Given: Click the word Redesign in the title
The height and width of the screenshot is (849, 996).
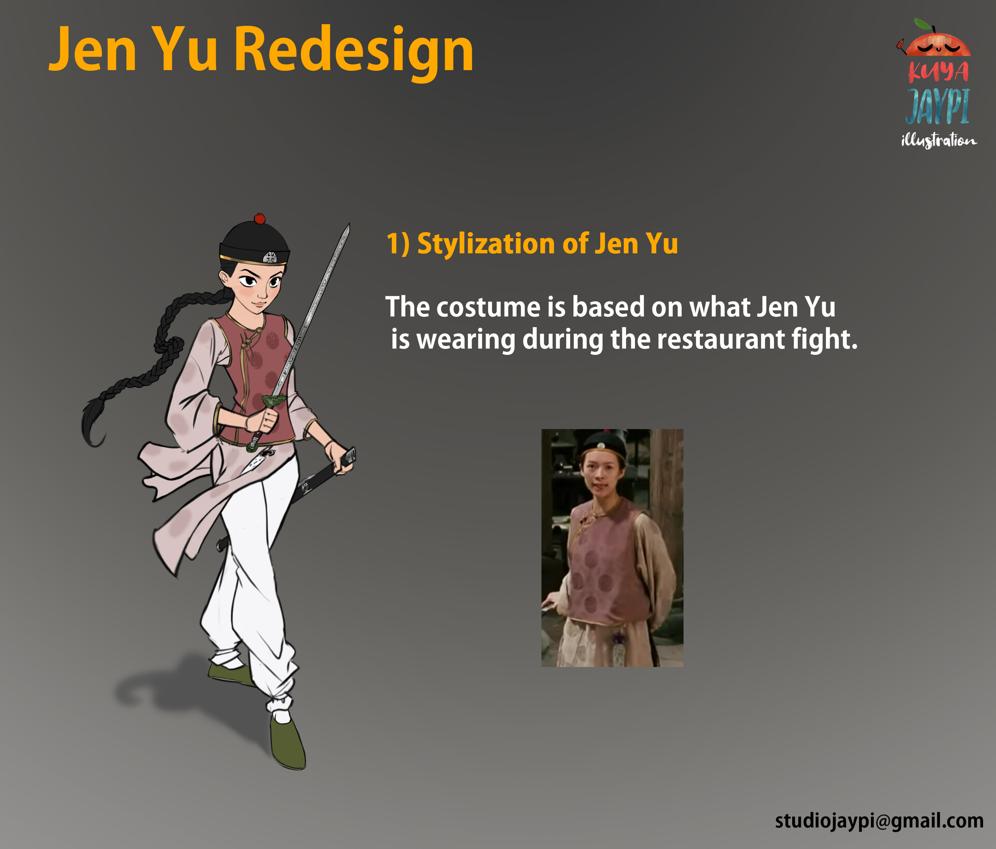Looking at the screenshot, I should pos(354,50).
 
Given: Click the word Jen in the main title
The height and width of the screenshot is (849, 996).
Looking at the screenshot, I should pos(93,50).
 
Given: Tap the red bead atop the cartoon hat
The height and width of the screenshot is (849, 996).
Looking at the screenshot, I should pos(259,218).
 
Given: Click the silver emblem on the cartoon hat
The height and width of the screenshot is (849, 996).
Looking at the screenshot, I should pos(270,257).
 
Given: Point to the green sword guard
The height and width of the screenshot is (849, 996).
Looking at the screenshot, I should pos(273,401).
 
